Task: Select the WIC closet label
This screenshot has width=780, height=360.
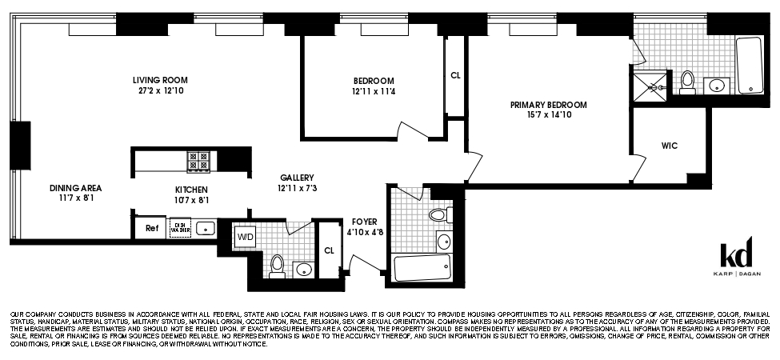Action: [670, 146]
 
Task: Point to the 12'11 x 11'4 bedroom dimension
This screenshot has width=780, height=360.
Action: [374, 92]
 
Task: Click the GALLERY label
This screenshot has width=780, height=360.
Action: [297, 178]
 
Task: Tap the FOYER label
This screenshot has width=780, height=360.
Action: [364, 222]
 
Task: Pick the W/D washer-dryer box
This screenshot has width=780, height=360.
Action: [244, 236]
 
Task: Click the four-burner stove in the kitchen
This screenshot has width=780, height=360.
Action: [198, 162]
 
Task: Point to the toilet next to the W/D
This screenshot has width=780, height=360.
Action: [277, 265]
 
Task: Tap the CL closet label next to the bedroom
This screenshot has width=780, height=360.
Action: [455, 76]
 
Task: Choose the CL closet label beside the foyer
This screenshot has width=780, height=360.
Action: [329, 249]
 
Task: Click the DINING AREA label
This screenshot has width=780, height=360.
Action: [75, 188]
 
